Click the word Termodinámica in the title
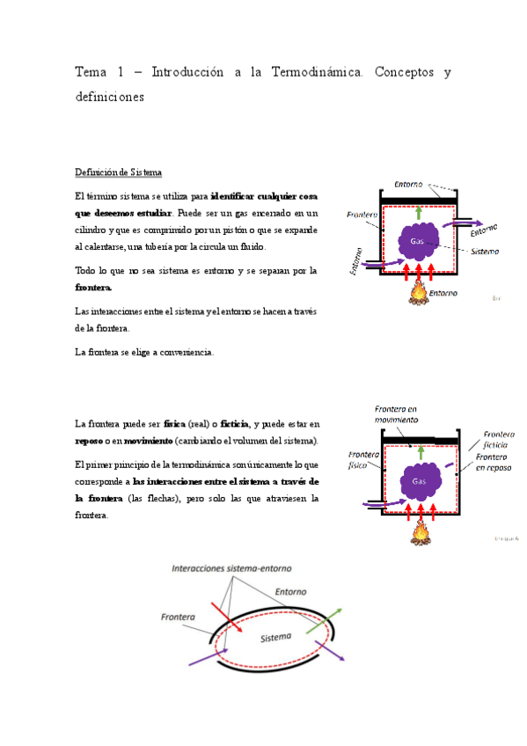[x=311, y=72]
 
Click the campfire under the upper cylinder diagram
[x=419, y=293]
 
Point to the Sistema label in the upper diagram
[x=483, y=251]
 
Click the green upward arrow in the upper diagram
[x=419, y=212]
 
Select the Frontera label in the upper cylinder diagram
[x=362, y=215]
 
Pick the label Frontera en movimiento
[x=395, y=413]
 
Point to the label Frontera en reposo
[x=497, y=463]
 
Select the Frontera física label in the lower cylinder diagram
[x=362, y=460]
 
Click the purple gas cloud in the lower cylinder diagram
[x=420, y=481]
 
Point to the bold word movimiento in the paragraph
[x=148, y=440]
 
